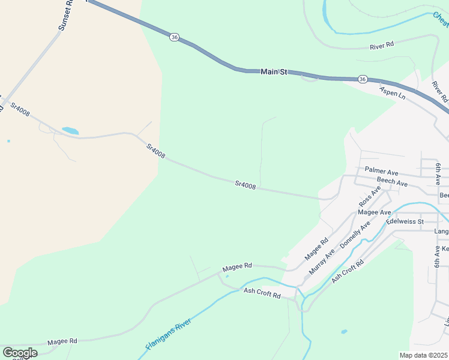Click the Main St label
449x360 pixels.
(274, 71)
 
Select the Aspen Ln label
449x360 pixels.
(393, 92)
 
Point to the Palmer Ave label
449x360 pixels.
(382, 172)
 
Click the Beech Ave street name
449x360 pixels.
(392, 182)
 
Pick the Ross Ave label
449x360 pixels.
(370, 196)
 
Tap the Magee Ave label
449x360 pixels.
(374, 212)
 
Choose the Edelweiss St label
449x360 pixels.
(405, 221)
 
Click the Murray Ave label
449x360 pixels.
(321, 262)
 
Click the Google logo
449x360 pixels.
(20, 353)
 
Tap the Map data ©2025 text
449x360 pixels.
(424, 355)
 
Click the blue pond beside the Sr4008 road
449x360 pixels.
(70, 130)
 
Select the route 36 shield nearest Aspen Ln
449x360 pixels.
(363, 79)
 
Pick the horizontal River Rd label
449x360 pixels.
(382, 45)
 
